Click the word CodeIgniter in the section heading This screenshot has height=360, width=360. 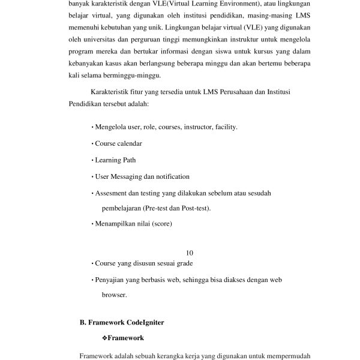143,322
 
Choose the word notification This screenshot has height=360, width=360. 170,176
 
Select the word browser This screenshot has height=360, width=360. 113,295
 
